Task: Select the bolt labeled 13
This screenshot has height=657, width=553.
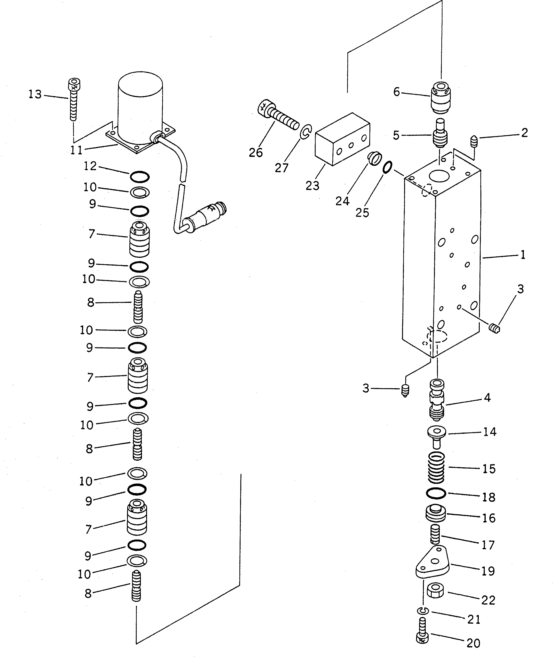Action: [x=73, y=100]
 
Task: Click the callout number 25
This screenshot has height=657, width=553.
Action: [x=362, y=213]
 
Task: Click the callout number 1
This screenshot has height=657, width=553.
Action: [x=523, y=255]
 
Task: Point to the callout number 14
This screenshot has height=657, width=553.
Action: [x=490, y=432]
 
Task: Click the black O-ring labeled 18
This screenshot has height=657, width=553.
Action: [x=436, y=494]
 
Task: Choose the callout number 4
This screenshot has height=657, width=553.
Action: [x=487, y=398]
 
